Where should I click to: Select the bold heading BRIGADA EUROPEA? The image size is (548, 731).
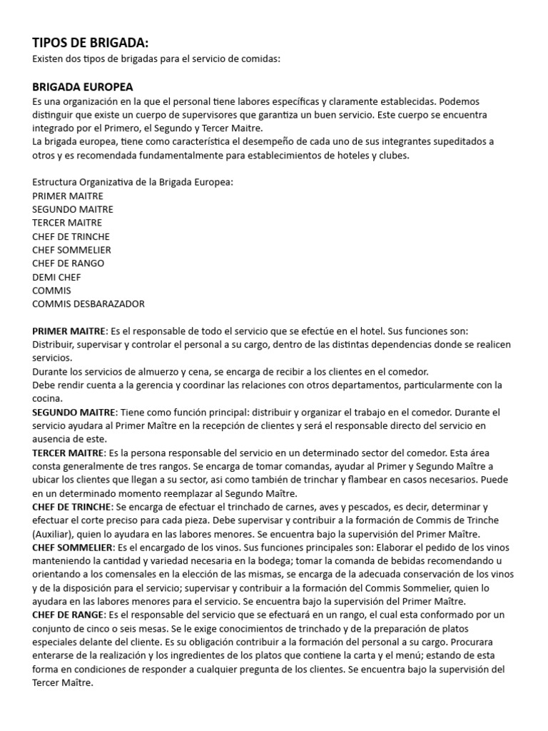click(x=83, y=86)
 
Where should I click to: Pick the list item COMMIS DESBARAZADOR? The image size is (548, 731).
click(x=88, y=303)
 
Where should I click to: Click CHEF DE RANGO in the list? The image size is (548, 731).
click(x=68, y=263)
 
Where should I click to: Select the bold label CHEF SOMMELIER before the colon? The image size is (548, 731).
click(x=71, y=547)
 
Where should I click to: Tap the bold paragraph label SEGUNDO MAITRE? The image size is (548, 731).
click(x=73, y=413)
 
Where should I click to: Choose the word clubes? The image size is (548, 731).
click(x=394, y=155)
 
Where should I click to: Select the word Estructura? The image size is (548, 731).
click(x=56, y=182)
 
